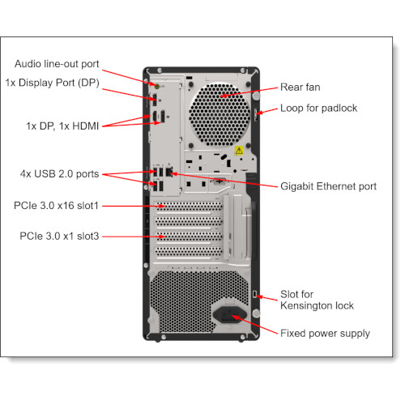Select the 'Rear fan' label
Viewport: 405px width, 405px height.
point(303,87)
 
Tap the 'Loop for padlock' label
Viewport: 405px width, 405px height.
point(318,108)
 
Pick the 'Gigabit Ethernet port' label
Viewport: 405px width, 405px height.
point(328,186)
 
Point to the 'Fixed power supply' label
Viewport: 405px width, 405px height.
point(325,333)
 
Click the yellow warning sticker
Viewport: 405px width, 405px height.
point(239,150)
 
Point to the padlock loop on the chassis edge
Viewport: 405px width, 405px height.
point(258,114)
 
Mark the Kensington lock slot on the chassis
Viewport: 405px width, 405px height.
point(256,293)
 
